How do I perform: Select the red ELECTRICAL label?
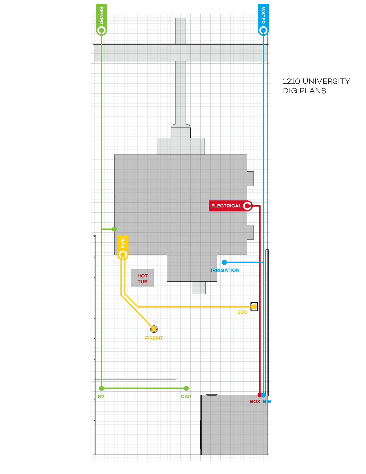tap(226, 206)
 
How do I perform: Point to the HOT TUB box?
tap(142, 279)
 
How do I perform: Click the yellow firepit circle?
tap(154, 329)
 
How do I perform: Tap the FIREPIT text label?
tap(154, 338)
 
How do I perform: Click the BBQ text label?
tap(242, 312)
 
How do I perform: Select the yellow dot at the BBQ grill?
tap(254, 307)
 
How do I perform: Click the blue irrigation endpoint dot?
tap(224, 262)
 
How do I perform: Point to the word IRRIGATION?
tap(225, 270)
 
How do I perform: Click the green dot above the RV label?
tap(102, 388)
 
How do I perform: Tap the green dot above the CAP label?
tap(186, 388)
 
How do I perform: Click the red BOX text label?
tap(255, 401)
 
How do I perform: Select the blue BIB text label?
tap(267, 401)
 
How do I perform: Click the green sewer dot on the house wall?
tap(114, 229)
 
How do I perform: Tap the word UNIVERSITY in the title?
tap(326, 81)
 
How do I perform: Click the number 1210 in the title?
tap(291, 81)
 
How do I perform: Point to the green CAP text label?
tap(186, 397)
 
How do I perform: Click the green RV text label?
tap(101, 397)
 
